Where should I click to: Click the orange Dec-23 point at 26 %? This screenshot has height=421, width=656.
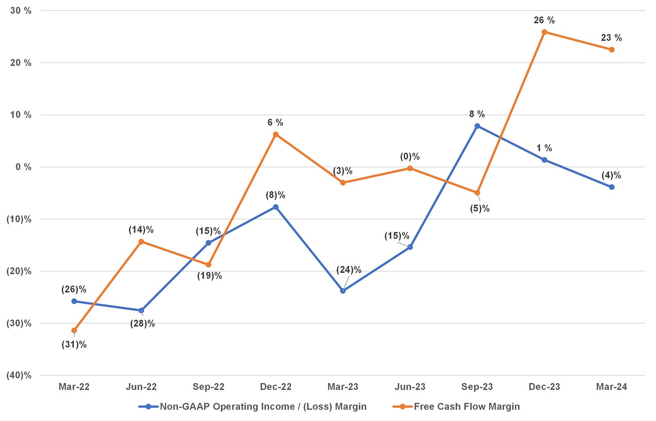(x=544, y=32)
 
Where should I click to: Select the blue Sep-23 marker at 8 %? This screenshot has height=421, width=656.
(x=477, y=126)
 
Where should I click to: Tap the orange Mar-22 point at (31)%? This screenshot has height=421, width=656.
(x=74, y=330)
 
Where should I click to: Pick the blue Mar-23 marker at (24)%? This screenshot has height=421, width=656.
(x=343, y=291)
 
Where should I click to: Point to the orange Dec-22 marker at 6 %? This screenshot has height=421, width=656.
(x=276, y=134)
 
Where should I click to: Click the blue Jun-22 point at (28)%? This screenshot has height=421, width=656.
(x=141, y=311)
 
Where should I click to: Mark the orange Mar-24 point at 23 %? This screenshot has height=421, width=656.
(x=611, y=50)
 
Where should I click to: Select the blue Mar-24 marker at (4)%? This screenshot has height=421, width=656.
(x=611, y=187)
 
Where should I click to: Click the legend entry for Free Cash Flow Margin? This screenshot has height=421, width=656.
(x=466, y=407)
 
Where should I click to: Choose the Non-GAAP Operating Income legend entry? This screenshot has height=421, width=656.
(x=263, y=407)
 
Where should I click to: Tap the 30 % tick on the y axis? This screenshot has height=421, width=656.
(x=22, y=11)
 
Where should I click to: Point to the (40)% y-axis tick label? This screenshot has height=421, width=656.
(x=19, y=375)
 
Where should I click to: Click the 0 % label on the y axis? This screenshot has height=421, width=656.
(x=23, y=167)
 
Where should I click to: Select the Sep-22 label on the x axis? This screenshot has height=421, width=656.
(x=209, y=387)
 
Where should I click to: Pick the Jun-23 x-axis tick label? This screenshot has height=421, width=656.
(x=410, y=387)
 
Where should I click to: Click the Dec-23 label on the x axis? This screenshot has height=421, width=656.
(x=544, y=387)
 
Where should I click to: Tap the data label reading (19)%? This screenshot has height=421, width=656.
(x=210, y=276)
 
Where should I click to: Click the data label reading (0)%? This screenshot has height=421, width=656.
(x=410, y=157)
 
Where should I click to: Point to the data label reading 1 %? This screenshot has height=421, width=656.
(x=544, y=148)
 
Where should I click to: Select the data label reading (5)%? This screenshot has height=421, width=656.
(x=480, y=209)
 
